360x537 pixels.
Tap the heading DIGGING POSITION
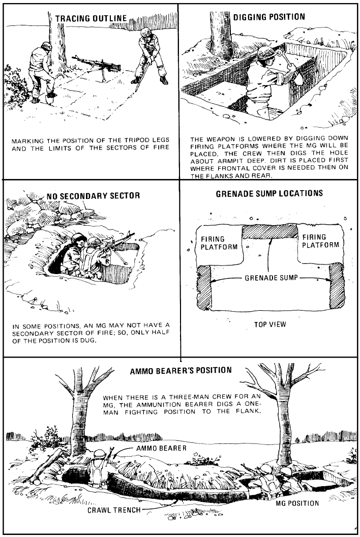click(x=269, y=17)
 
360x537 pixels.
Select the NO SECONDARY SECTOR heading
click(x=93, y=196)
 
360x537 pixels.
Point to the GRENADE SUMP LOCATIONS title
click(x=269, y=194)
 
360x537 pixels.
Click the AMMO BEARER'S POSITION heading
click(x=181, y=370)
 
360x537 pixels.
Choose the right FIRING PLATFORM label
click(x=320, y=241)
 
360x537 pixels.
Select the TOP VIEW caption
click(x=270, y=324)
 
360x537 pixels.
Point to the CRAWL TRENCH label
click(x=113, y=510)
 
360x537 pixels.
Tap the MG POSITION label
click(x=297, y=503)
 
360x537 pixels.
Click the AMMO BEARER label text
click(x=161, y=448)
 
